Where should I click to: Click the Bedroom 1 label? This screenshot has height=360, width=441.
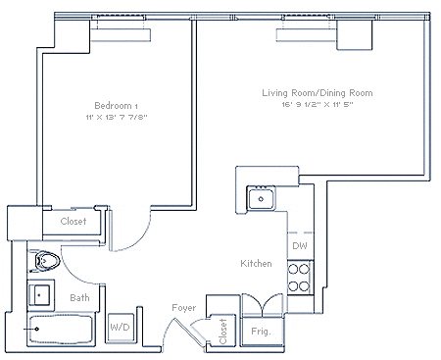click(116, 106)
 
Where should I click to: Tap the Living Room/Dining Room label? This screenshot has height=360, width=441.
click(318, 93)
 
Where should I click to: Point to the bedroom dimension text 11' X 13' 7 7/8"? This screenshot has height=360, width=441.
click(117, 117)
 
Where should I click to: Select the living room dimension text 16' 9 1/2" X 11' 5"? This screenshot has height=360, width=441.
click(318, 105)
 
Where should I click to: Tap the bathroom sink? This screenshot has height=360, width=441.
click(39, 295)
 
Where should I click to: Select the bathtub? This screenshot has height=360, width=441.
click(60, 329)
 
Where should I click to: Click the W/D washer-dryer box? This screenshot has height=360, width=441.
click(121, 328)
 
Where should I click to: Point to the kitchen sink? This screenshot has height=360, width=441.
click(261, 198)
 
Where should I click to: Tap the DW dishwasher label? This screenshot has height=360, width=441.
click(300, 246)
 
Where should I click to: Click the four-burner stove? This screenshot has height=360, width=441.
click(300, 278)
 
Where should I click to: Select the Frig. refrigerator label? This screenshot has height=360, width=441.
click(261, 332)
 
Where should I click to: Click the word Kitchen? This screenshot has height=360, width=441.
click(256, 263)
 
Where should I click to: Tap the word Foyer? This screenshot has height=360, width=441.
click(184, 308)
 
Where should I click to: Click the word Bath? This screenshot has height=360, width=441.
click(79, 297)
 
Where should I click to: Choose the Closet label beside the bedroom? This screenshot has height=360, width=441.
click(73, 221)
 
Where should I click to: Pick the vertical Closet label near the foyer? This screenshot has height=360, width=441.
click(223, 332)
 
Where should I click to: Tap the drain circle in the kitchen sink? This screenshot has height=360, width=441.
click(261, 199)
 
